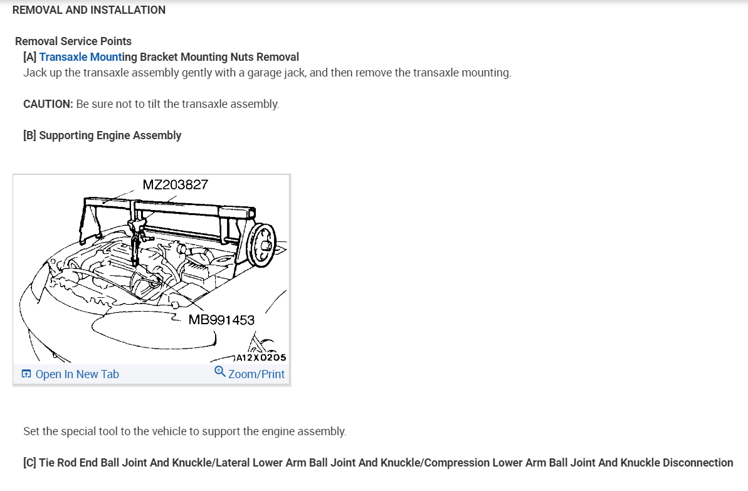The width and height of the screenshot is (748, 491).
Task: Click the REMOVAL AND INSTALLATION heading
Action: tap(89, 10)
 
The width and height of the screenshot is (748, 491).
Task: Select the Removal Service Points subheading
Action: tap(73, 41)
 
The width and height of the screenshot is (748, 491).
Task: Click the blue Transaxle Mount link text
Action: tap(81, 57)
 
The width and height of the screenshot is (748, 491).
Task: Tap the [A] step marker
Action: tap(30, 57)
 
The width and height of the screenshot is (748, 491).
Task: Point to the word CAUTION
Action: tap(48, 104)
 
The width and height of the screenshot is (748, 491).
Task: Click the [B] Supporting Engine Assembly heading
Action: tap(102, 135)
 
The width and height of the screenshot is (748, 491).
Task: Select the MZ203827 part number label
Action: tap(176, 185)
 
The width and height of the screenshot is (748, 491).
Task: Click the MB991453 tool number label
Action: tap(221, 320)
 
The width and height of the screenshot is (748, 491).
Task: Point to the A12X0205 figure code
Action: tap(261, 357)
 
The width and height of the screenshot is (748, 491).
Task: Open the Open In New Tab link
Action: tap(77, 374)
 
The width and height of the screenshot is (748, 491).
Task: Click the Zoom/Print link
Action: tap(256, 374)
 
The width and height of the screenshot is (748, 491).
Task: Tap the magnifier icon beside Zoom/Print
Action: tap(219, 372)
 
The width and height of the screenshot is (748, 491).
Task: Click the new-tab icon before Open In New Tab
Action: tap(26, 374)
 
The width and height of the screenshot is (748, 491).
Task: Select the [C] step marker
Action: tap(29, 463)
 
